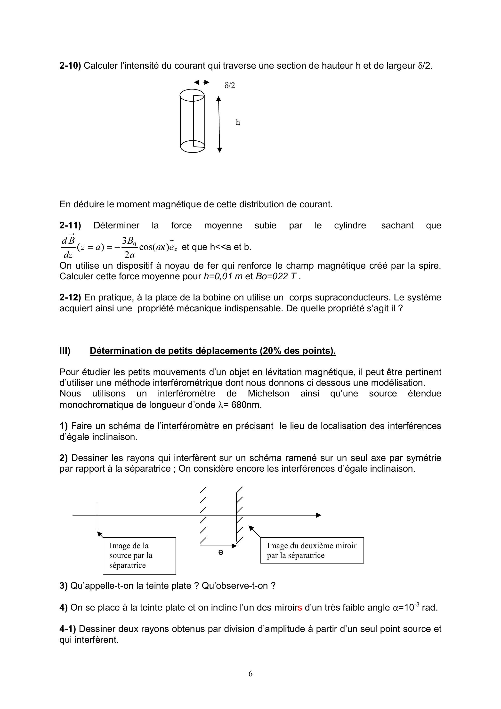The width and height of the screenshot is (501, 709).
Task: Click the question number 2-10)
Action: tap(70, 66)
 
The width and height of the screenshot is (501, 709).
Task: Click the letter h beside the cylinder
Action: tap(238, 122)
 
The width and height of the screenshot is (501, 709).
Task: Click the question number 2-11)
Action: tap(70, 226)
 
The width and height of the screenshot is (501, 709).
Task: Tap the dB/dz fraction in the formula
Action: tap(68, 247)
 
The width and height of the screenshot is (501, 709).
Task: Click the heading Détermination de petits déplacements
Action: tap(212, 351)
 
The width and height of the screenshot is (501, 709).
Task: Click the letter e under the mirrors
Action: tap(220, 552)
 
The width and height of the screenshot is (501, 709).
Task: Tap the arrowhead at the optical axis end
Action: tap(318, 515)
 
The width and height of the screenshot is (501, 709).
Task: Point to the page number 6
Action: tap(250, 674)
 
